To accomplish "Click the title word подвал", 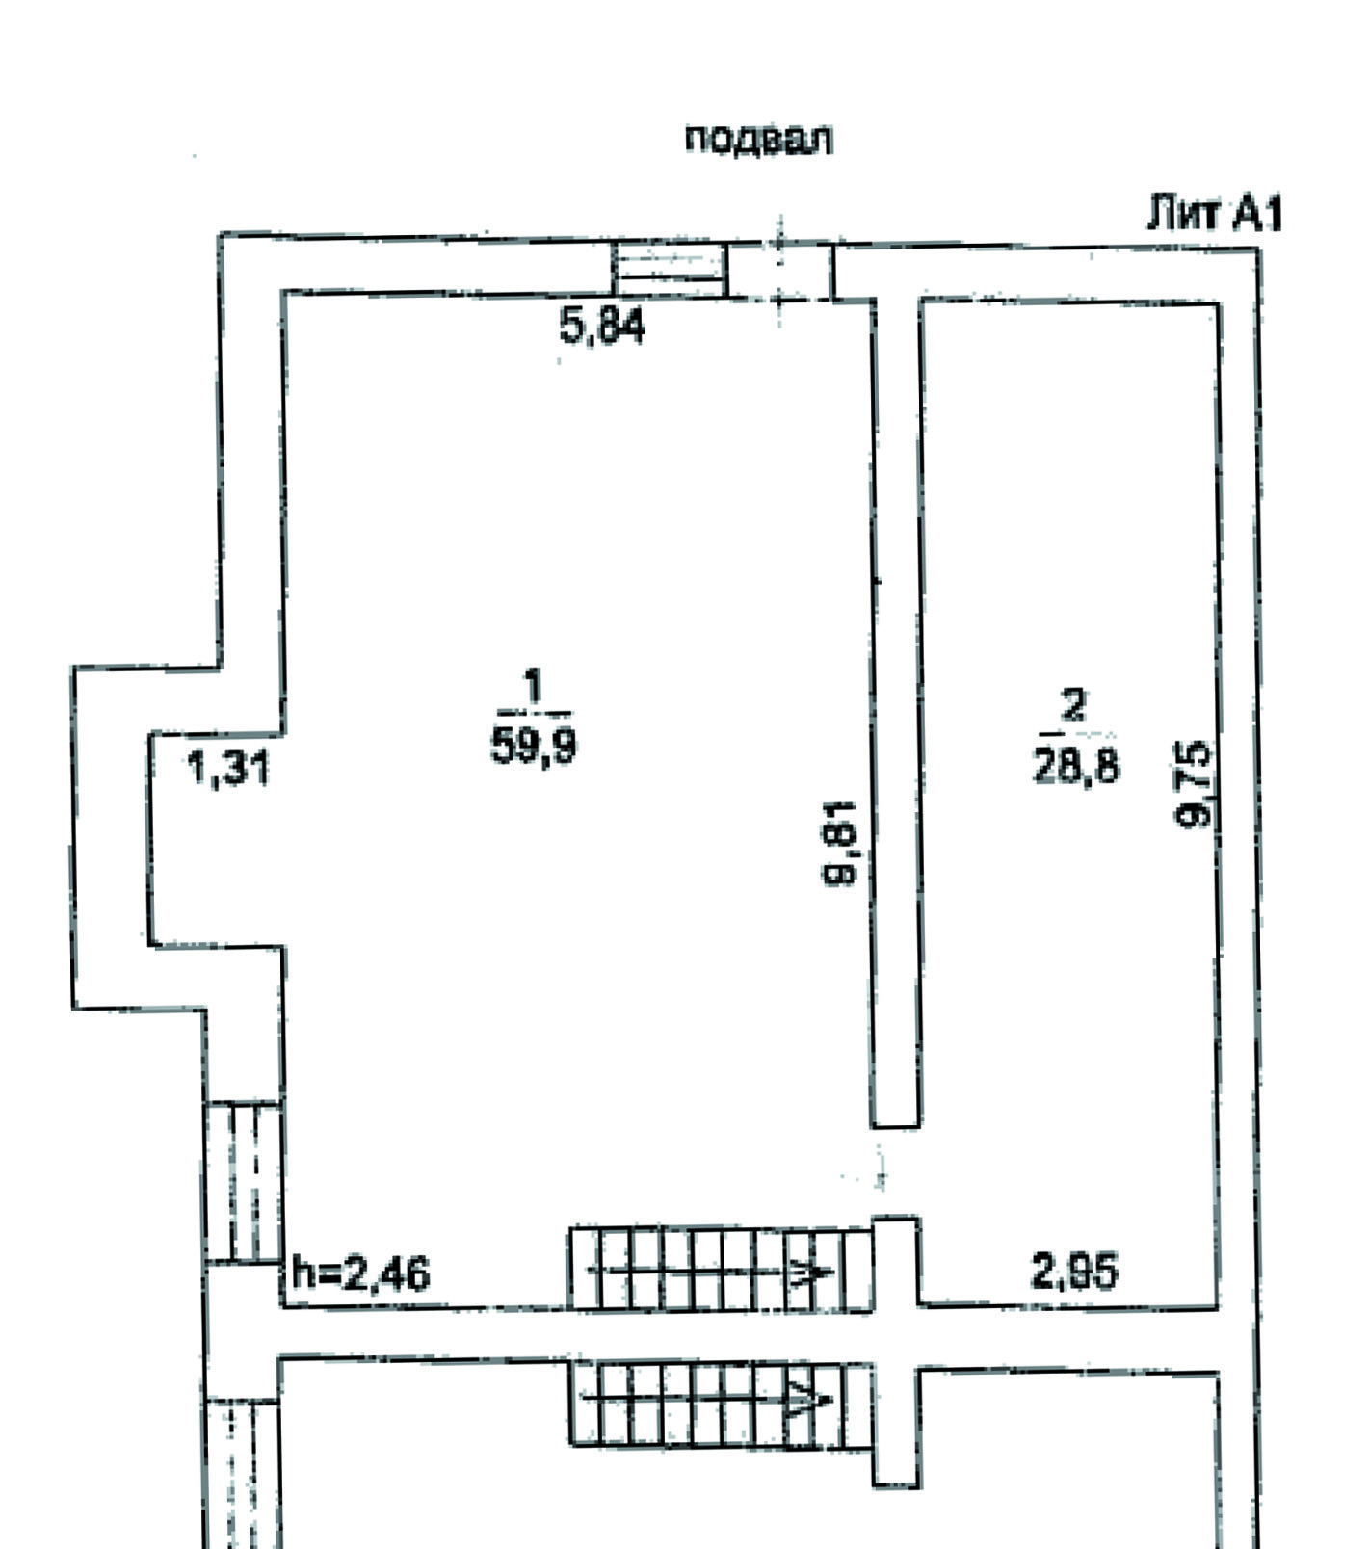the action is pyautogui.click(x=758, y=141).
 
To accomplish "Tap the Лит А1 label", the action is pyautogui.click(x=1214, y=214).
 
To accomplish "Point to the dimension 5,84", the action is pyautogui.click(x=602, y=327).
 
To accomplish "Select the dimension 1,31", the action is pyautogui.click(x=228, y=770).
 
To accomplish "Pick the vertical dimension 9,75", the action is pyautogui.click(x=1196, y=783).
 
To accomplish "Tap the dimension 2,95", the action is pyautogui.click(x=1074, y=1272).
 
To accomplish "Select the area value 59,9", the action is pyautogui.click(x=534, y=745).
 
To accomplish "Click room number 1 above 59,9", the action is pyautogui.click(x=533, y=689).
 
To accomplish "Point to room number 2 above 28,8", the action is pyautogui.click(x=1072, y=705).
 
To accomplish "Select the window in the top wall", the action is pyautogui.click(x=671, y=269).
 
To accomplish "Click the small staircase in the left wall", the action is pyautogui.click(x=244, y=1181).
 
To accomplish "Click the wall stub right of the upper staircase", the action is pyautogui.click(x=896, y=1262).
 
